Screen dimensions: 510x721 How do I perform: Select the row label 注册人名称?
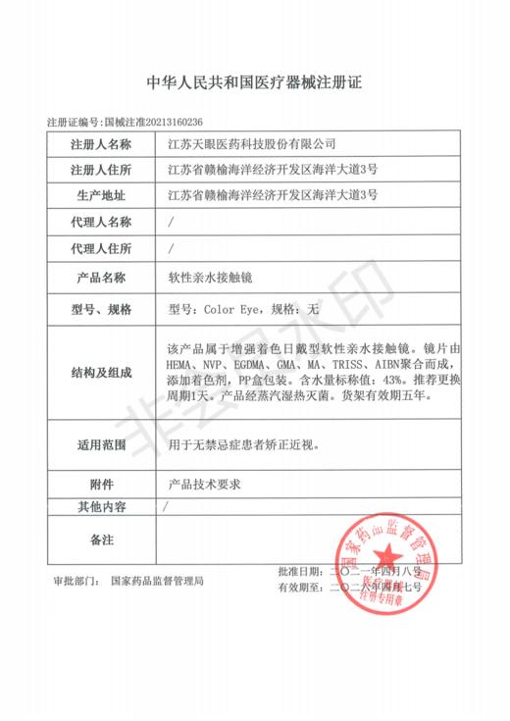click(101, 145)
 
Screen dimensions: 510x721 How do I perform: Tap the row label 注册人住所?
click(101, 170)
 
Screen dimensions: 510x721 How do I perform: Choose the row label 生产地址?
click(101, 195)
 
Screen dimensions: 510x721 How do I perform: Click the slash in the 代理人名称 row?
click(173, 222)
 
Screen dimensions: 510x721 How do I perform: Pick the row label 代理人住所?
click(101, 248)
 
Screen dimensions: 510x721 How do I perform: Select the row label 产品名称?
click(101, 278)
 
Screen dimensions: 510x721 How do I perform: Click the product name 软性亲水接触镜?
click(212, 278)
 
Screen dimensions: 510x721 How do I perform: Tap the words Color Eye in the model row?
click(231, 310)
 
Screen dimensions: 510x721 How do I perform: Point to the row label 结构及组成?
click(101, 373)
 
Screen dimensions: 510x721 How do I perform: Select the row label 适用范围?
click(101, 444)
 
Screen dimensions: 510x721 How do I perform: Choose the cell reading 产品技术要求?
click(205, 484)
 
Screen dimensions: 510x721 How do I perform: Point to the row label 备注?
click(101, 540)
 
